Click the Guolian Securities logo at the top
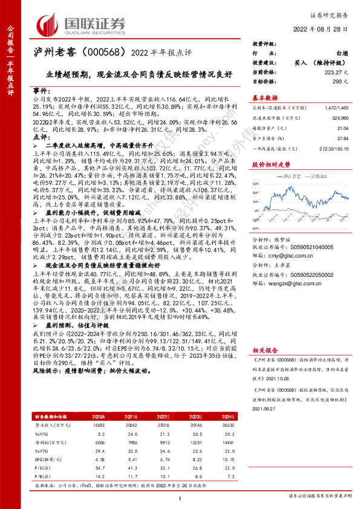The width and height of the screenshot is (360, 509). tap(82, 24)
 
